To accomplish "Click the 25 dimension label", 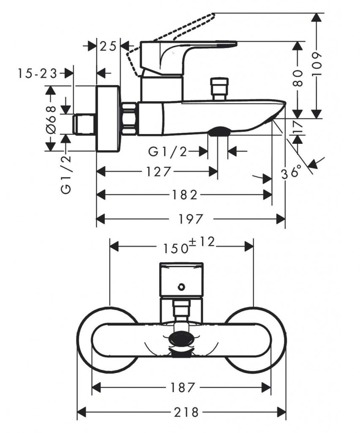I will tap(108, 46).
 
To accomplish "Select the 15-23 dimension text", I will tap(38, 74).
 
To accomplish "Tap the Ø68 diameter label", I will tap(51, 120).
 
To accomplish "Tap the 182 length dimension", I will tap(185, 195).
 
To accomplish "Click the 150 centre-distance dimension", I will tap(175, 247).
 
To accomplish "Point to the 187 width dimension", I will tap(183, 387).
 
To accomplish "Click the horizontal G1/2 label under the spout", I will tap(168, 151).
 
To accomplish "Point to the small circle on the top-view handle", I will tap(181, 287).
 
